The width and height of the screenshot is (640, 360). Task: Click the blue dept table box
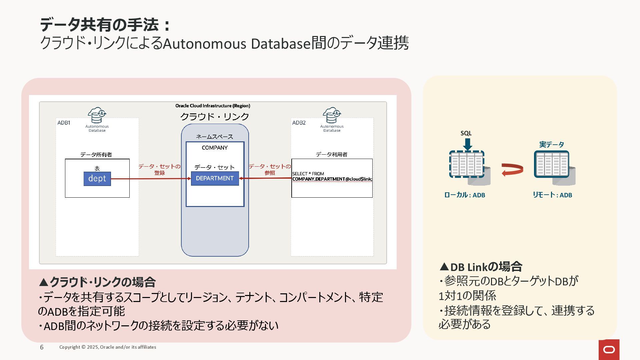(x=97, y=179)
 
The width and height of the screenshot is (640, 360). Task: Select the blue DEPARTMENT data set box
(x=215, y=178)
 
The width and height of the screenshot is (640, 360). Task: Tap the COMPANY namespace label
(x=215, y=148)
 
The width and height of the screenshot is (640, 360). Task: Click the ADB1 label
(x=64, y=123)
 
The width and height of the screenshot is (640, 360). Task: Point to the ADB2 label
(x=299, y=123)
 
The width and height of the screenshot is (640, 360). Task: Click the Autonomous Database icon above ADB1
(x=97, y=115)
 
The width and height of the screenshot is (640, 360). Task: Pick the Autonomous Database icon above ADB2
(x=332, y=115)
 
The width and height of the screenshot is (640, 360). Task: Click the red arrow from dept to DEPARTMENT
(x=150, y=179)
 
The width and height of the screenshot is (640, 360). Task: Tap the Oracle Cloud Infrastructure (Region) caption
(x=213, y=106)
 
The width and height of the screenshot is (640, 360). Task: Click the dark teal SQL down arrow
(x=467, y=144)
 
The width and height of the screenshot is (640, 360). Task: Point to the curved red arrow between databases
(x=512, y=169)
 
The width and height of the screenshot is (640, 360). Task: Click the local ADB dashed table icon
(x=467, y=164)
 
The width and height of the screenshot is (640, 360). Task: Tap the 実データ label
(x=552, y=144)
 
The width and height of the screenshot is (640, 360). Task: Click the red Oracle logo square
(x=609, y=349)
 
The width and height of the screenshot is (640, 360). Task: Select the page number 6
(x=42, y=347)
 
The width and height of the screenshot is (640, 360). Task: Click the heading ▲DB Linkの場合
(x=481, y=267)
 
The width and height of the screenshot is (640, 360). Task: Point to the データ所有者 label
(x=96, y=155)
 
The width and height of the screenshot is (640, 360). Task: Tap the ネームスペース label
(x=215, y=137)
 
